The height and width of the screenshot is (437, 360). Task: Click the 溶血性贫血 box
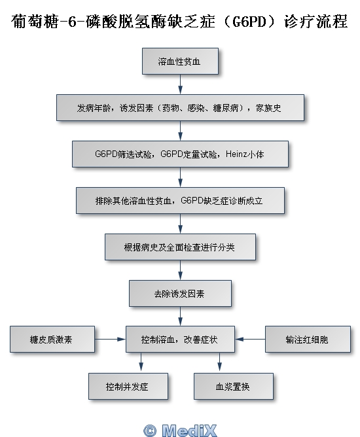[x=180, y=61]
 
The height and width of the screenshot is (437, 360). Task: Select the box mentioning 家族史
[x=180, y=107]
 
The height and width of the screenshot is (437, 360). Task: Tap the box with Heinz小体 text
[x=180, y=154]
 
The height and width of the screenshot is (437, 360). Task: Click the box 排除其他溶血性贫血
[x=180, y=201]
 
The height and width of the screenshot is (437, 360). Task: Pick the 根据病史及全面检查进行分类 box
[x=180, y=247]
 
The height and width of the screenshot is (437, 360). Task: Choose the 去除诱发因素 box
[x=180, y=294]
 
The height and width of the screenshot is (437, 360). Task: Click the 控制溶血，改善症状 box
[x=180, y=339]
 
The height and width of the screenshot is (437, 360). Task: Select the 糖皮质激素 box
[x=52, y=339]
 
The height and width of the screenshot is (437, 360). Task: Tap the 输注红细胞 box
[x=308, y=339]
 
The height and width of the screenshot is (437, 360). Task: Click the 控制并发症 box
[x=128, y=386]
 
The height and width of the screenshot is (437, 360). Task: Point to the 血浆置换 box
[x=234, y=386]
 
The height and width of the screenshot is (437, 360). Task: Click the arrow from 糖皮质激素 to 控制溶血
[x=111, y=339]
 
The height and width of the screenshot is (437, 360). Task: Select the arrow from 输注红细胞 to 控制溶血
[x=250, y=339]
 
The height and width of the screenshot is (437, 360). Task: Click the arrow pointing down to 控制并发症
[x=141, y=362]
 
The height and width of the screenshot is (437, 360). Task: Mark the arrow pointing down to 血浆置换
[x=219, y=362]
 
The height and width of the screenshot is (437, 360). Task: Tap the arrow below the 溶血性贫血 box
[x=180, y=84]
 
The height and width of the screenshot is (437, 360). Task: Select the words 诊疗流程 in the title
[x=315, y=21]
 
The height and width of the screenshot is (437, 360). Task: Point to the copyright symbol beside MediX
[x=150, y=430]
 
